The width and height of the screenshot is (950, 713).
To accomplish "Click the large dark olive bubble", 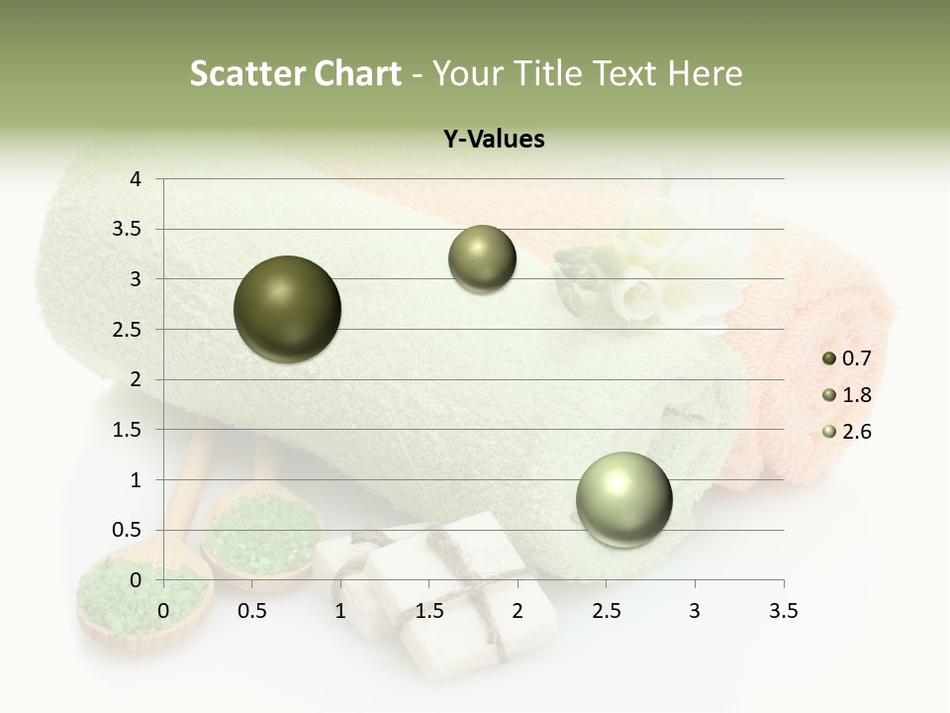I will [x=287, y=309].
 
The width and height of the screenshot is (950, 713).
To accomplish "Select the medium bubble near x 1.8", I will [x=482, y=259].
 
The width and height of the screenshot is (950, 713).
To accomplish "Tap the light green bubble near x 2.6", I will [x=623, y=499].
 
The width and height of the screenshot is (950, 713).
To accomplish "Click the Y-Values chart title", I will [x=494, y=140].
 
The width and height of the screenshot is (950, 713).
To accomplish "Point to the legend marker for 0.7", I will [x=829, y=359].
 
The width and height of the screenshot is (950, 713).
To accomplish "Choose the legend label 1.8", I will [x=856, y=395].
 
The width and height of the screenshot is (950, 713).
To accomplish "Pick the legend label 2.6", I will [x=856, y=432].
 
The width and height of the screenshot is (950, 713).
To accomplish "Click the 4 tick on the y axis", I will [x=136, y=179].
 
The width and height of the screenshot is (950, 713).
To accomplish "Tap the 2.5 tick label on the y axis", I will [x=128, y=330].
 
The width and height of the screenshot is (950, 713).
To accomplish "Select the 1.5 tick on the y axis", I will [x=128, y=430].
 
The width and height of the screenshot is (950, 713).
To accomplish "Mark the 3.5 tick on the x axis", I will [x=783, y=611].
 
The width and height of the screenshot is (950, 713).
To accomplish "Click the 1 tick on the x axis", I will [x=340, y=611].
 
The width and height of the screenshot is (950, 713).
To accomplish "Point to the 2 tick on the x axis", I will [x=518, y=611].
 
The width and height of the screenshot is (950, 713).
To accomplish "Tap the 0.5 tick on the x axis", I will [x=252, y=611].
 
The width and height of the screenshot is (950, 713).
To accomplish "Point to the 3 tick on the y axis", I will [x=136, y=279].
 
